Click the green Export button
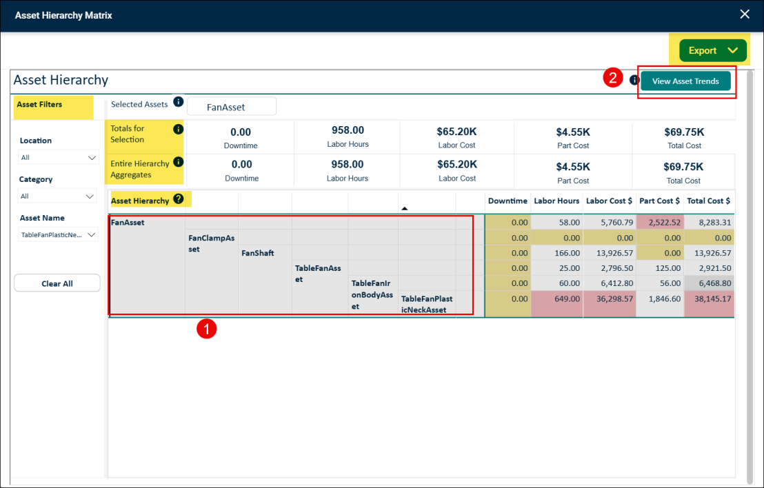(713, 50)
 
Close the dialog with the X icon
(745, 14)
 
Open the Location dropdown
(58, 157)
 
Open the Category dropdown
(57, 196)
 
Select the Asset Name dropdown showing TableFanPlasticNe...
(58, 235)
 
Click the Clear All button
(57, 283)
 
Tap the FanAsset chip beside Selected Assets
(232, 107)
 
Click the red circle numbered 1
(207, 329)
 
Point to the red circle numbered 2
(613, 77)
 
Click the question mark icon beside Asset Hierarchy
(179, 199)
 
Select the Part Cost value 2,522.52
(660, 222)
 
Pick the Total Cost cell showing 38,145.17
(709, 298)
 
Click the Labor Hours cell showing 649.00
(557, 298)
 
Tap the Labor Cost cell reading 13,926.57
(610, 253)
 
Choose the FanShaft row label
(258, 253)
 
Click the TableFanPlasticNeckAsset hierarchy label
(427, 304)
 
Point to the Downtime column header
(507, 201)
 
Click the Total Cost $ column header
(708, 201)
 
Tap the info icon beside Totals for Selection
(179, 129)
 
